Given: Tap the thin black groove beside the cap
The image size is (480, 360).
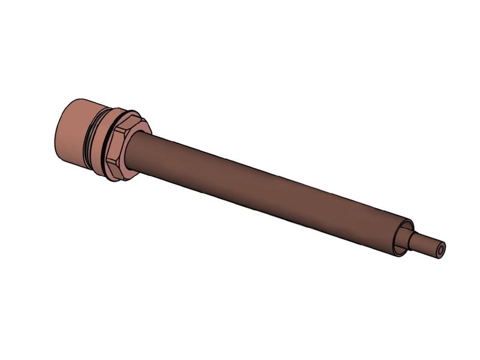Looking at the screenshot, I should tap(90, 138).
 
